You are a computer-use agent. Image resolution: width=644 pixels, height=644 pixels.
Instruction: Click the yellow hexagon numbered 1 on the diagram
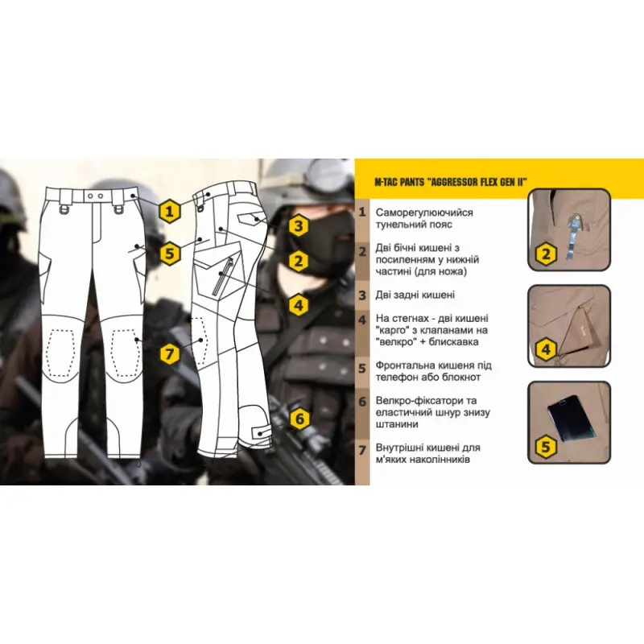pyautogui.click(x=170, y=212)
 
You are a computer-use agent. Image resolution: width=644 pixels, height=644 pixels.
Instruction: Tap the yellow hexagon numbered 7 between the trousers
pyautogui.click(x=170, y=353)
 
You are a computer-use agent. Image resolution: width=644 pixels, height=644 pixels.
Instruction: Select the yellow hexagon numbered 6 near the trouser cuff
pyautogui.click(x=299, y=419)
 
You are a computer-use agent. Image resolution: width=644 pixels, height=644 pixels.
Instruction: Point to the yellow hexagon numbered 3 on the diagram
pyautogui.click(x=299, y=225)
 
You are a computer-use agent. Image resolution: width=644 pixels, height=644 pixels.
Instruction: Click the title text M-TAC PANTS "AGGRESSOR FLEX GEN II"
pyautogui.click(x=451, y=182)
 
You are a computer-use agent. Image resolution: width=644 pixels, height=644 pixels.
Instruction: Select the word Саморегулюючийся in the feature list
pyautogui.click(x=424, y=213)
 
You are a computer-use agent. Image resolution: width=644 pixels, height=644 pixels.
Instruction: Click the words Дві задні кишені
pyautogui.click(x=415, y=295)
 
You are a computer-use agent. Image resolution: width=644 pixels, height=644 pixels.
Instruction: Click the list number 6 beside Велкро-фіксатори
pyautogui.click(x=361, y=401)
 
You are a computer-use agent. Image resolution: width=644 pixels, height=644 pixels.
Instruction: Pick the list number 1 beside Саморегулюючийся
pyautogui.click(x=361, y=213)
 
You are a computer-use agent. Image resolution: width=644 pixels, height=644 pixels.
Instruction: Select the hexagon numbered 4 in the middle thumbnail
pyautogui.click(x=546, y=349)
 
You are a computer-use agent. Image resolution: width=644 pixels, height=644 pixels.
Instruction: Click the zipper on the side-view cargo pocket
pyautogui.click(x=222, y=276)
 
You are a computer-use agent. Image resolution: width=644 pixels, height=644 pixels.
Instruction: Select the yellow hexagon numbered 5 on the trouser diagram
pyautogui.click(x=170, y=254)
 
